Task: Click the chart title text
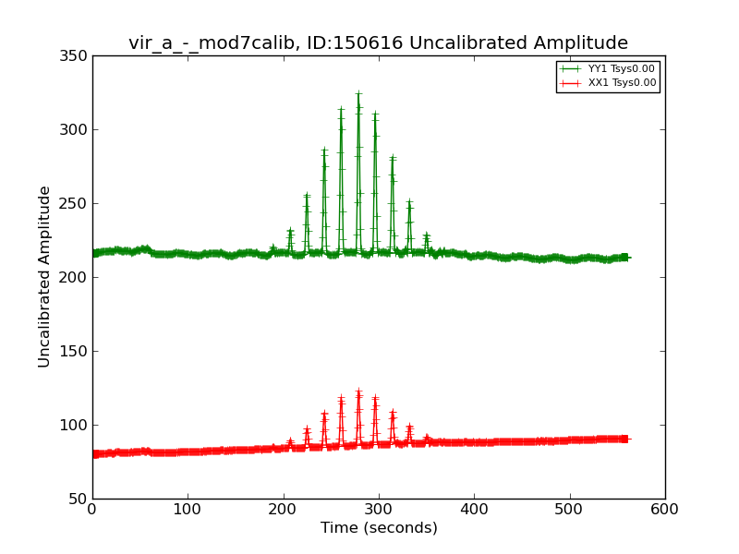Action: click(378, 43)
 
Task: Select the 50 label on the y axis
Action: click(79, 500)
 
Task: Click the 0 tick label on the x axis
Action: click(92, 509)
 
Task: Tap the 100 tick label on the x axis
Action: click(188, 509)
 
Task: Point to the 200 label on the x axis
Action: click(284, 509)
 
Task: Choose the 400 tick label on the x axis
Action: click(474, 509)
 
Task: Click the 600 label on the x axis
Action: click(664, 509)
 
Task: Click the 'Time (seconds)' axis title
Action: click(379, 528)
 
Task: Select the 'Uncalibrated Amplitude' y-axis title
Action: click(45, 277)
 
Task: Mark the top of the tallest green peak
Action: click(358, 93)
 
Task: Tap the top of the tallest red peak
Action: click(358, 392)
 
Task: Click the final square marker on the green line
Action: click(624, 257)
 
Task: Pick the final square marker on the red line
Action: click(624, 439)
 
